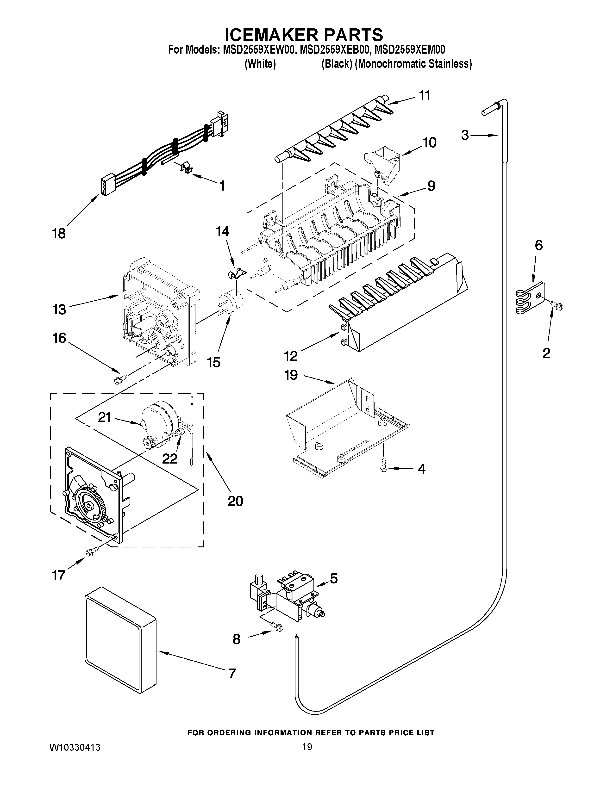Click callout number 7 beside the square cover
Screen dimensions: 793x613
tap(232, 674)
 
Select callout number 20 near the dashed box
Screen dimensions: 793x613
tap(235, 501)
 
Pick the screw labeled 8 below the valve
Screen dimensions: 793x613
tap(277, 627)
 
